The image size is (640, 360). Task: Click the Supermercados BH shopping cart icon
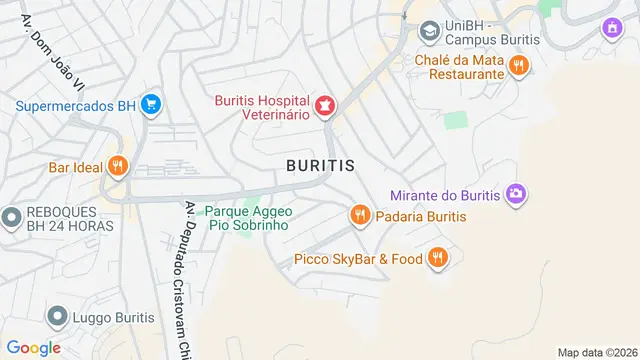(151, 104)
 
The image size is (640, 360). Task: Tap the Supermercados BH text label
(75, 105)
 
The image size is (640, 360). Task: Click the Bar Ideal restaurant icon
(118, 166)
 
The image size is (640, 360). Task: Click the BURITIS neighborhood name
(320, 166)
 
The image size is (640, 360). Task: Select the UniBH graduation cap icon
(430, 31)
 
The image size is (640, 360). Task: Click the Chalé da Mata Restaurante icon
(518, 67)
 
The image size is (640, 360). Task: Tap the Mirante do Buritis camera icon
(516, 193)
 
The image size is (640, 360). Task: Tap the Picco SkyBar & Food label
(358, 260)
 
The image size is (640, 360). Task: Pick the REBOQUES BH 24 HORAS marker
(12, 217)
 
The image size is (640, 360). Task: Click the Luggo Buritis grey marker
(56, 318)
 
